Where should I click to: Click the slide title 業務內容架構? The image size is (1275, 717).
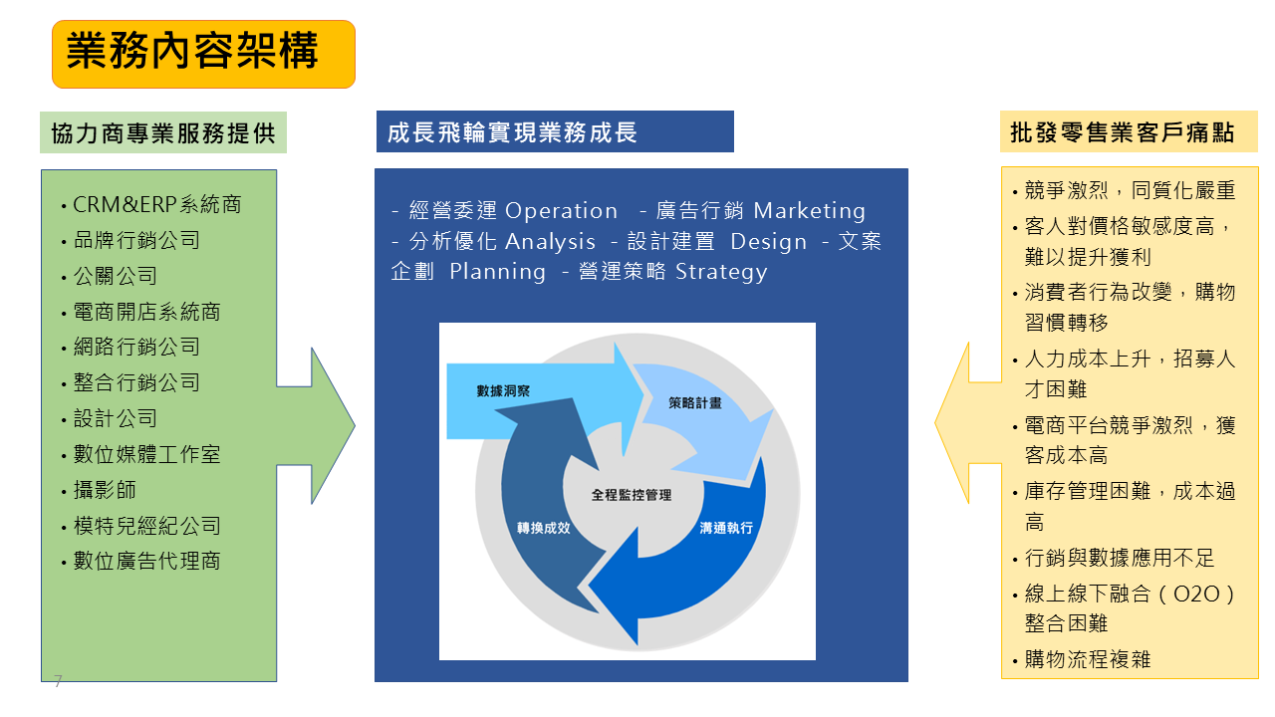coord(192,53)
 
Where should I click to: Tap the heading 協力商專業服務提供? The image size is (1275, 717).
coord(163,133)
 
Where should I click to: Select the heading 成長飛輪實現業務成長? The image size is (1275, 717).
coord(512,132)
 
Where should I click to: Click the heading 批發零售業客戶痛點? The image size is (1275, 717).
coord(1122,132)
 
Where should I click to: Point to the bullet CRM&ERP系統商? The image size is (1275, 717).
coord(157,205)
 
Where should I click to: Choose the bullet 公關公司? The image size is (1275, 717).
coord(116,277)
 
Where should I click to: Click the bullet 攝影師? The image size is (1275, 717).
coord(105,491)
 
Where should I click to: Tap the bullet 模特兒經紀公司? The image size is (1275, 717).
coord(147,527)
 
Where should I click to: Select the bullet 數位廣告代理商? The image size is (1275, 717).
coord(147,562)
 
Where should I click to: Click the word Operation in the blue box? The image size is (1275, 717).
coord(562,211)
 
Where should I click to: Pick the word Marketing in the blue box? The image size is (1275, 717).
coord(810,211)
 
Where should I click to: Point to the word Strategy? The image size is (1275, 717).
coord(721,272)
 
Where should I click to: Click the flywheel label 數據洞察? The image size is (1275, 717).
coord(503,391)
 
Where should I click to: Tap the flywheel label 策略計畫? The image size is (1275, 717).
coord(695,403)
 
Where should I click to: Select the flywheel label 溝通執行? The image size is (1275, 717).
coord(726,528)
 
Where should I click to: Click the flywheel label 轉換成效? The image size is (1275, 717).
coord(543,528)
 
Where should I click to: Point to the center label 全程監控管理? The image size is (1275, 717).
coord(632,495)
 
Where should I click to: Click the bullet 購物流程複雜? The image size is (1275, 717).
coord(1088,659)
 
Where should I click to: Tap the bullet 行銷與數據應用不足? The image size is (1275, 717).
coord(1120,559)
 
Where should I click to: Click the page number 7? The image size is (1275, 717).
coord(58,682)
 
